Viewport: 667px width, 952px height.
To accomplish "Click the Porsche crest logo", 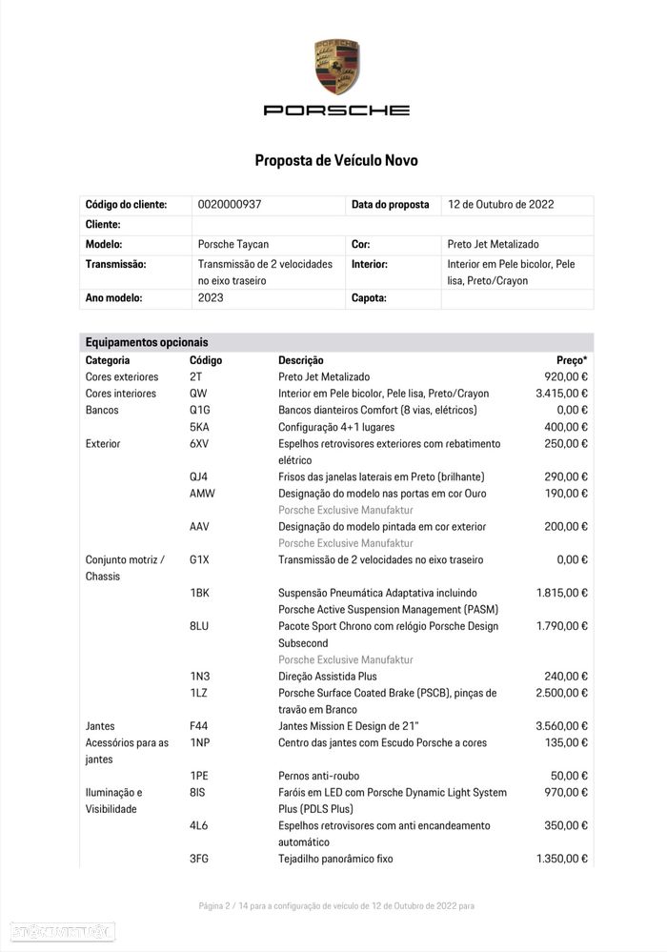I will (x=336, y=67).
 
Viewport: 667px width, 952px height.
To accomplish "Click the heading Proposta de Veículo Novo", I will (x=335, y=160).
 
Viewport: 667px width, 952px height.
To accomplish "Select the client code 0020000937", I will (x=230, y=205).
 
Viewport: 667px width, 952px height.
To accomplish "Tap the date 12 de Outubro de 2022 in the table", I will (x=500, y=205).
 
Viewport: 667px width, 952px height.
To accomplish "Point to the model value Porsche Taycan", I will (x=232, y=245).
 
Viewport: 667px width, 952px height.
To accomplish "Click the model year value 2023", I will (x=211, y=298).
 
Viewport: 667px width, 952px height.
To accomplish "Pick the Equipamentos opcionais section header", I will (x=147, y=342).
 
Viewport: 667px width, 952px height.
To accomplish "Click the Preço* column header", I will (x=572, y=360).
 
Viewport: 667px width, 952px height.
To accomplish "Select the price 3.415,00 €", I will (x=562, y=394).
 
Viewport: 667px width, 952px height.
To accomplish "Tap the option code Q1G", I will (x=200, y=410).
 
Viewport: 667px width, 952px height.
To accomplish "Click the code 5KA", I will (x=199, y=427).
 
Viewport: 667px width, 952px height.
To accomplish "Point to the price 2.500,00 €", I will (x=562, y=693).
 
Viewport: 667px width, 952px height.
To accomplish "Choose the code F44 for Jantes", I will (x=199, y=726).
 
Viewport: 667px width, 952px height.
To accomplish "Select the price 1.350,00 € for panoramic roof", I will (x=562, y=859).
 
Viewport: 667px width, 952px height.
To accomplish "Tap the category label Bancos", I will (x=102, y=410).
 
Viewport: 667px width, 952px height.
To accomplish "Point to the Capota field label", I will (x=369, y=298).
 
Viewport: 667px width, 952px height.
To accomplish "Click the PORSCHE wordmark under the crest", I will (x=336, y=111).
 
